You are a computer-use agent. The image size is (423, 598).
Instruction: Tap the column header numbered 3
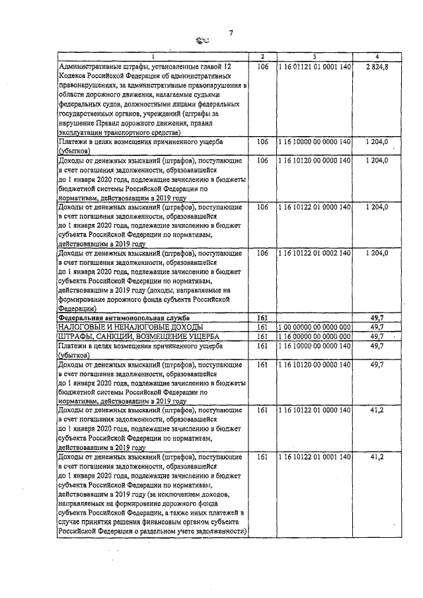pos(314,57)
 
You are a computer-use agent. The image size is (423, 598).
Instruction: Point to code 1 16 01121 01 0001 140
pos(314,67)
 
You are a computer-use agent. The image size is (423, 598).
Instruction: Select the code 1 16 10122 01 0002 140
pos(314,253)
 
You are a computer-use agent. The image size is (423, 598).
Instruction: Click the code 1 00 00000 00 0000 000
pos(314,327)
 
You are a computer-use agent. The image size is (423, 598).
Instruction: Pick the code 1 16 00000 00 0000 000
pos(314,336)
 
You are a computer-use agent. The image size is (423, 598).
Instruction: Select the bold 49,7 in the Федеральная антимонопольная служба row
pos(377,318)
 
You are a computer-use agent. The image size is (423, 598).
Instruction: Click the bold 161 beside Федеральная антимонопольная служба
pos(262,318)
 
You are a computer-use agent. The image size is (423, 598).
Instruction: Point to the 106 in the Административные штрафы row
pos(262,67)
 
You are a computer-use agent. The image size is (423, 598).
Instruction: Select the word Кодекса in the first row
pos(75,76)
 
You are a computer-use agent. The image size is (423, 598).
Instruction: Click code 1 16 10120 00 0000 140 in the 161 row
pos(314,364)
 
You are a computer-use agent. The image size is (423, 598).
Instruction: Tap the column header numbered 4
pos(377,57)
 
